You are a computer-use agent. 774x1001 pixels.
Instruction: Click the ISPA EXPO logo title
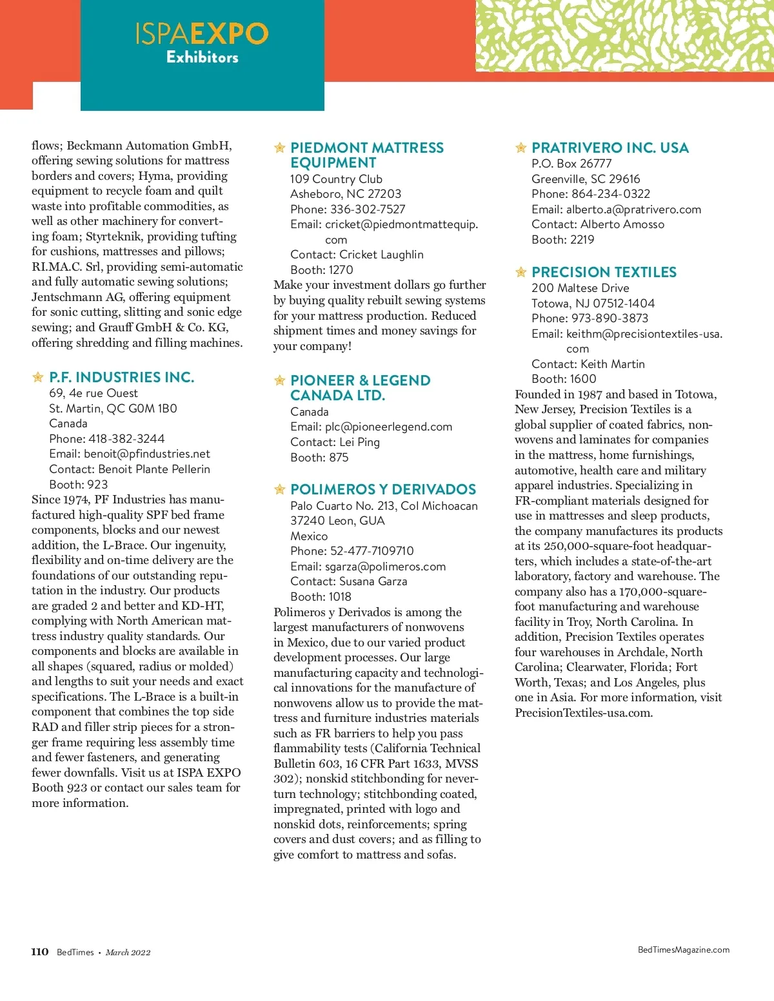click(202, 34)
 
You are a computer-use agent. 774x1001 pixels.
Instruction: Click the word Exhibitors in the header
click(203, 57)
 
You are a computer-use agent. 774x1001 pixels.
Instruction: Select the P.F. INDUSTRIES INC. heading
click(121, 377)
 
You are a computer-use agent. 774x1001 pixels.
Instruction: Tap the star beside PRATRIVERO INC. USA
click(521, 148)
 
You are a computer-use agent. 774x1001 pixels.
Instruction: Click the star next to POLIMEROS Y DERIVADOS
click(280, 489)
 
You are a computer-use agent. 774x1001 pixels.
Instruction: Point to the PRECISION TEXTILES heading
click(604, 272)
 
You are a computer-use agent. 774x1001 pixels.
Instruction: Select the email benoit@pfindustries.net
click(147, 454)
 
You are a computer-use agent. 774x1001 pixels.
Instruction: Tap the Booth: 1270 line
click(322, 270)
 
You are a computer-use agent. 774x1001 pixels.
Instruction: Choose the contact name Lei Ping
click(359, 442)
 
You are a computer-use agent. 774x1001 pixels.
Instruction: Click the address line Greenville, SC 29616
click(586, 179)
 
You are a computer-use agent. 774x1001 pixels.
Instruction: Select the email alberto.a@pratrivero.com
click(633, 209)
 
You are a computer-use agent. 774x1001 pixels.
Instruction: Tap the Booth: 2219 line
click(563, 240)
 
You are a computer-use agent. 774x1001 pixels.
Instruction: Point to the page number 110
click(40, 952)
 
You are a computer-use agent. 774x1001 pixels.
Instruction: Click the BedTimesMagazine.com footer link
click(683, 949)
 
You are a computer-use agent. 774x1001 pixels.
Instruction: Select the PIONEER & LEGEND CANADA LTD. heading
click(360, 388)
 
